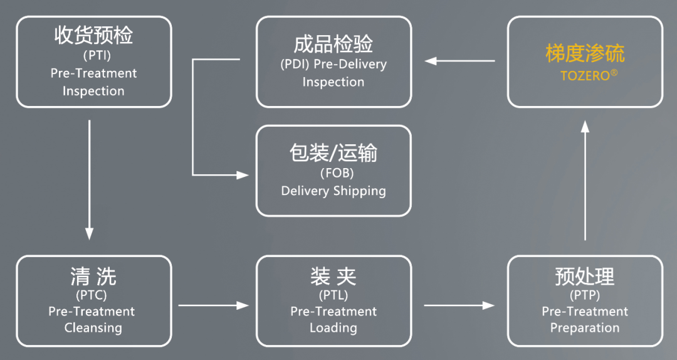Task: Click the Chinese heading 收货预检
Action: (x=93, y=36)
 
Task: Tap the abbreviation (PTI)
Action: (x=93, y=56)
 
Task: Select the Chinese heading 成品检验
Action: (x=333, y=44)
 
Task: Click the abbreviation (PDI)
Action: (x=295, y=64)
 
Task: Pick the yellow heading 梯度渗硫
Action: (x=585, y=54)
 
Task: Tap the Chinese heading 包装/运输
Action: (x=333, y=152)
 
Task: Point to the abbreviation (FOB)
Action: (x=333, y=173)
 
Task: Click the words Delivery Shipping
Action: (x=333, y=191)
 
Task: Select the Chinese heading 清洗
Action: (x=93, y=276)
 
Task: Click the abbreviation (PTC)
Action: (x=93, y=295)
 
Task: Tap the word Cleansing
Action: (x=93, y=327)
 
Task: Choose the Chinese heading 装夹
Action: (x=333, y=276)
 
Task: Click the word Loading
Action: (x=333, y=327)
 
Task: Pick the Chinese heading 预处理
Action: (x=585, y=276)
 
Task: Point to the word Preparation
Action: (x=585, y=327)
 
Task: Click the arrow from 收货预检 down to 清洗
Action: (x=89, y=179)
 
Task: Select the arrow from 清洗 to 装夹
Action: (x=213, y=305)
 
